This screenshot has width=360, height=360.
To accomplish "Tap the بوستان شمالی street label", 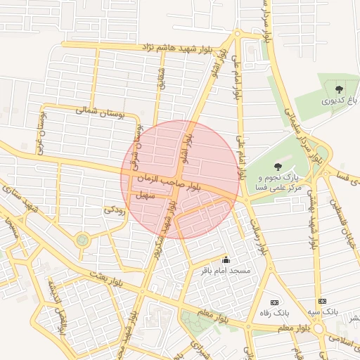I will click(98, 111).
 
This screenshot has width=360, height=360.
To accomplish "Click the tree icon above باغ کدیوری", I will click(340, 89).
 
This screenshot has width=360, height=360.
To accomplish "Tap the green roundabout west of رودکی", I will click(83, 240).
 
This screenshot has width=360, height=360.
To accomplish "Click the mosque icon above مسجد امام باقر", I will click(226, 260).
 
